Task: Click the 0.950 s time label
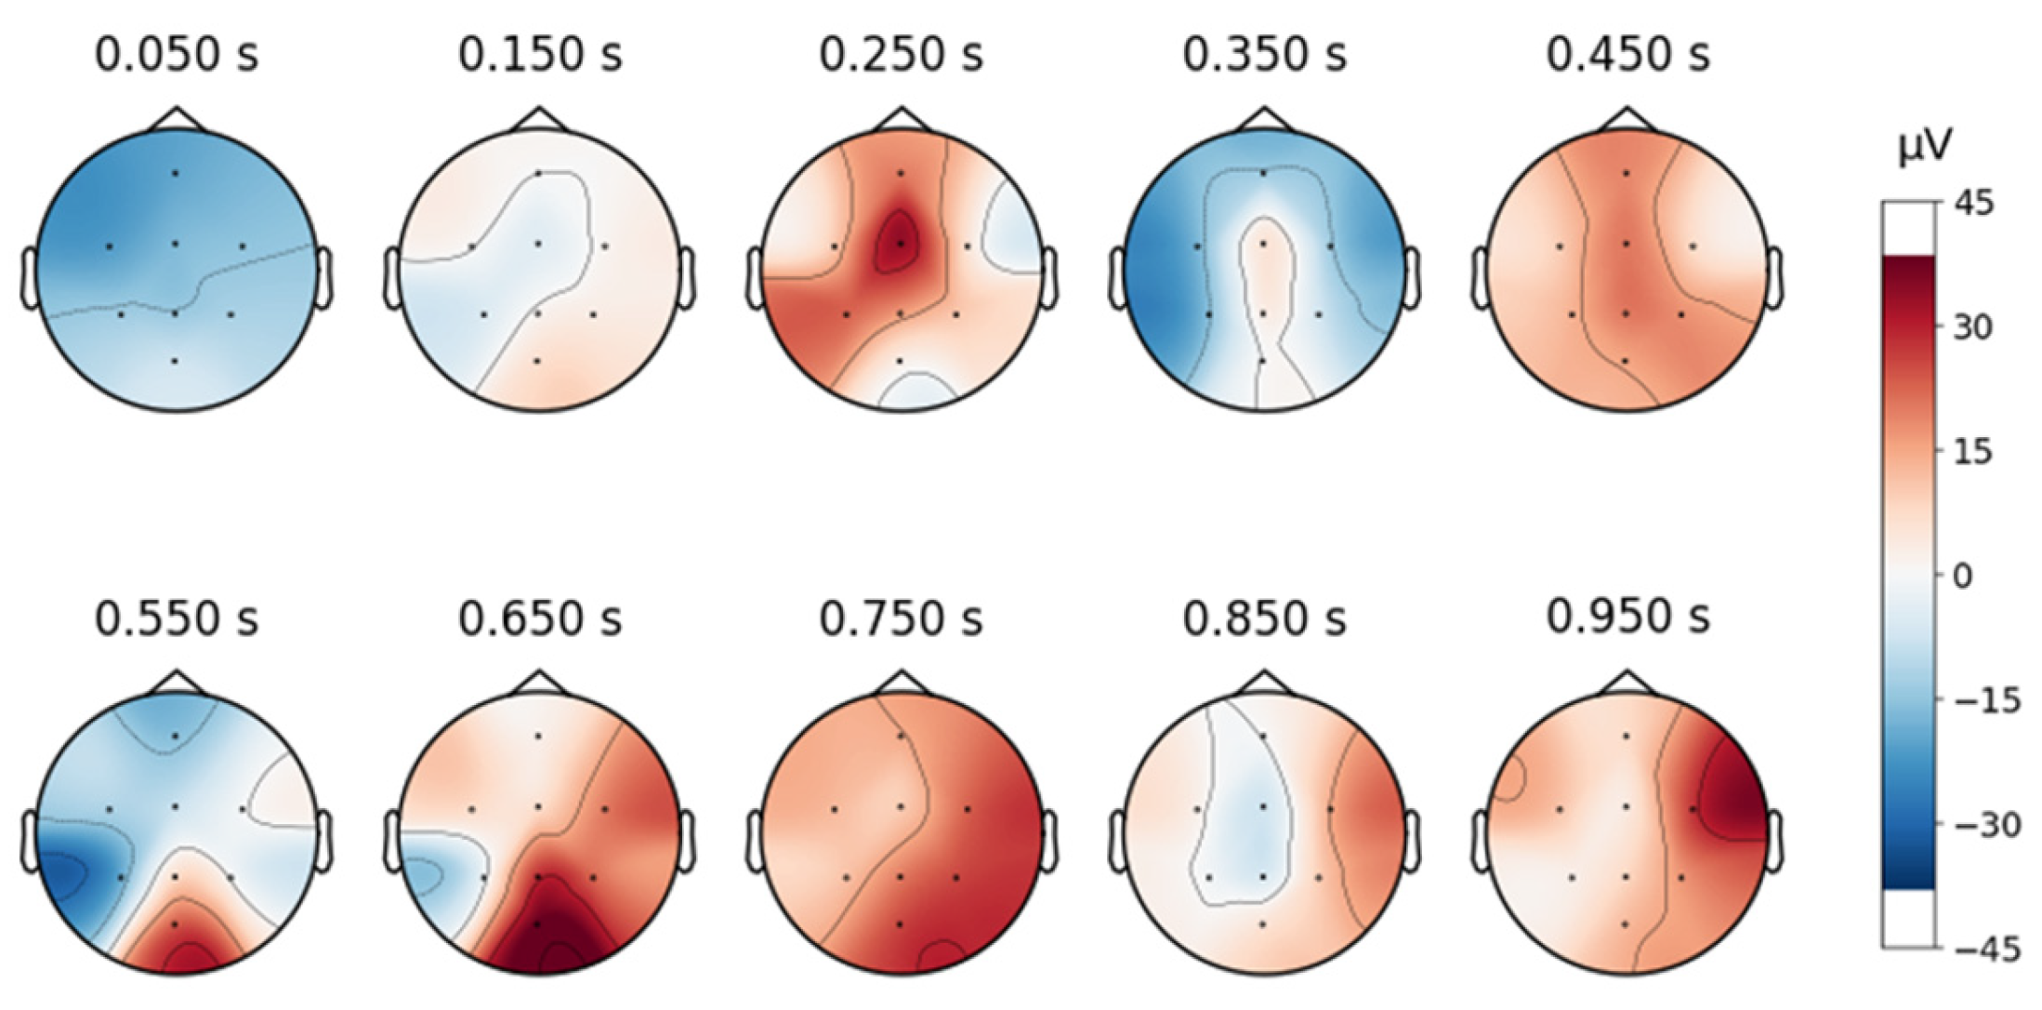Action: (x=1627, y=618)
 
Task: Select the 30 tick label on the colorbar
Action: (x=1971, y=327)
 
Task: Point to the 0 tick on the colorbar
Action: (x=1961, y=576)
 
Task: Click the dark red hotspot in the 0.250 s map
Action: (x=898, y=243)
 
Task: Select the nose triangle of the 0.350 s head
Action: (x=1262, y=119)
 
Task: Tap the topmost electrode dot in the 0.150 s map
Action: (x=538, y=173)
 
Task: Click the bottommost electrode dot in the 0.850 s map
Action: (x=1262, y=924)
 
